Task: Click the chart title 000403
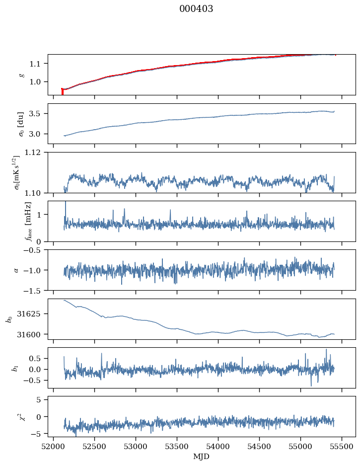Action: (x=196, y=9)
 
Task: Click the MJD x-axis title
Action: (x=201, y=457)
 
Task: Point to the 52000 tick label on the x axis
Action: (x=53, y=447)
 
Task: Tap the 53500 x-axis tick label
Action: (x=177, y=447)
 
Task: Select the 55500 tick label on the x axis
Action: (x=342, y=447)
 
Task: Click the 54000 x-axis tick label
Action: (x=218, y=447)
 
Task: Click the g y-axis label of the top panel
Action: (x=22, y=75)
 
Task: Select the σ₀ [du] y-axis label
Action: (x=21, y=124)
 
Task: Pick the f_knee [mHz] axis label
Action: (x=28, y=222)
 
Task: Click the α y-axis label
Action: (x=16, y=270)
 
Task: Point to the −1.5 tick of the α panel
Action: (x=36, y=291)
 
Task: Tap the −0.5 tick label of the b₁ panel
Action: (x=36, y=381)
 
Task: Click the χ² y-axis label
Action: (x=22, y=417)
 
